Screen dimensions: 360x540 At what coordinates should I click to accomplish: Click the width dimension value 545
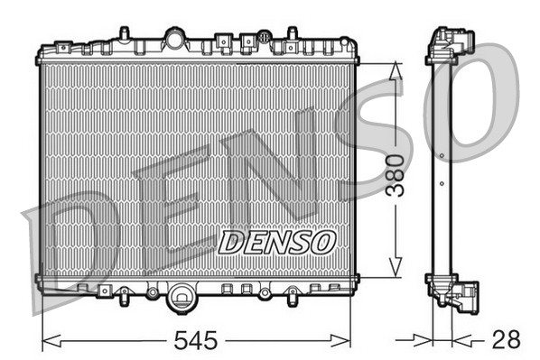pos(196,341)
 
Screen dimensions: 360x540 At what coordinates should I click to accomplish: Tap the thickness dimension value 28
pos(507,341)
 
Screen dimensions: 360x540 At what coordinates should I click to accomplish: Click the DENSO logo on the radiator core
pos(277,241)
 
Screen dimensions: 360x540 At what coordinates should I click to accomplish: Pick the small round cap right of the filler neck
pos(263,38)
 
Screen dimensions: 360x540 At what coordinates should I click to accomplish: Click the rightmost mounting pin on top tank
pos(291,35)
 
